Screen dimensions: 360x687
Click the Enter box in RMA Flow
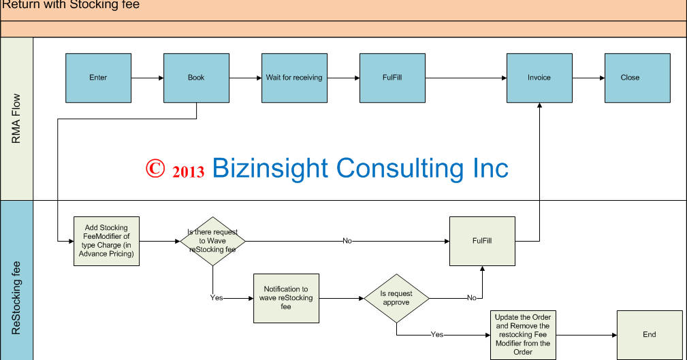coord(98,78)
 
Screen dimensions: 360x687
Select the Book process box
coord(196,78)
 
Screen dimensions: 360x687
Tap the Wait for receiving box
coord(294,78)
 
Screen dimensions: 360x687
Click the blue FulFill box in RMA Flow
coord(392,78)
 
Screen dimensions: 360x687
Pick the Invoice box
coord(539,78)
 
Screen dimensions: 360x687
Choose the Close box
coord(637,78)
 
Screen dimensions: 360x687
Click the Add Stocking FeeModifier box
coord(106,241)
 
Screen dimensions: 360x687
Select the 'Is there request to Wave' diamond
coord(212,241)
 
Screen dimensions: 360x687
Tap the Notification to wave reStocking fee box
coord(286,298)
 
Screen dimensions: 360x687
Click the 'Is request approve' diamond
coord(396,298)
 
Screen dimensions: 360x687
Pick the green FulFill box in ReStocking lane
coord(482,241)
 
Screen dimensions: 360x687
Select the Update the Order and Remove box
coord(523,334)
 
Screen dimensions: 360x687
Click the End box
coord(650,334)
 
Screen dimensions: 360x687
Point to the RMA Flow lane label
coord(16,119)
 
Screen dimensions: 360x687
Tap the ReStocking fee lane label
coord(16,298)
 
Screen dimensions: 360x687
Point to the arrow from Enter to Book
coord(147,78)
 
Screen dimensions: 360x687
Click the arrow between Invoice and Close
coord(588,78)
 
